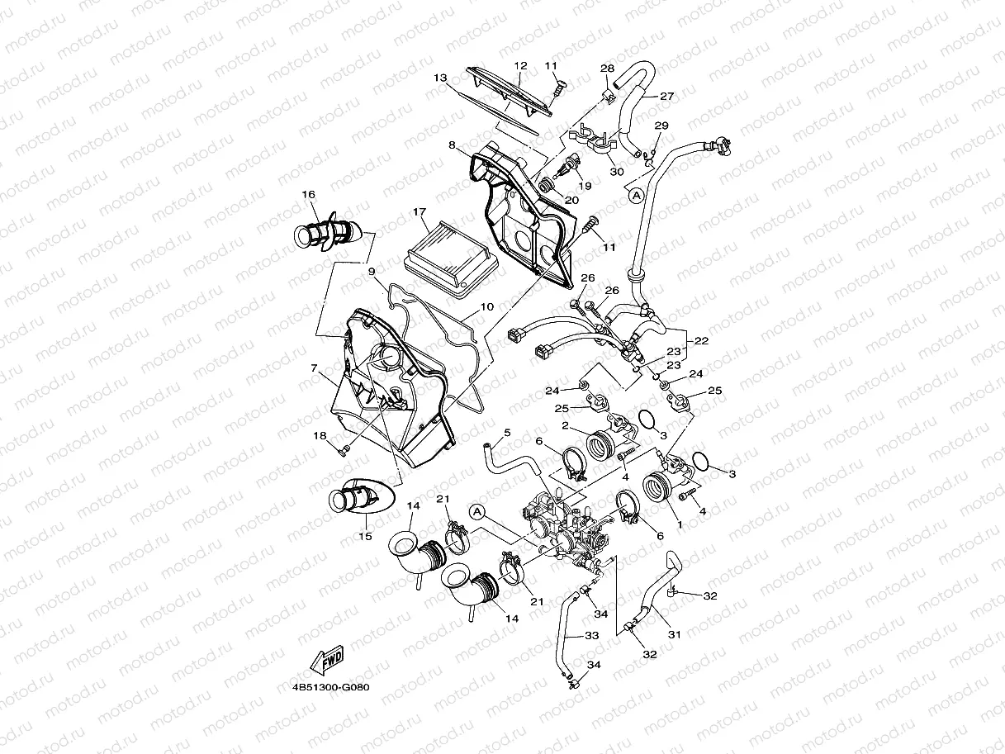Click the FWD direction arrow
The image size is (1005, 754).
(326, 661)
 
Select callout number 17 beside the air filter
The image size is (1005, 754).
(420, 212)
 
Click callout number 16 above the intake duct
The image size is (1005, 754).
(308, 195)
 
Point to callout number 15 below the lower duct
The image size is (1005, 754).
(365, 536)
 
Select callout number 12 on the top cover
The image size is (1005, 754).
(520, 65)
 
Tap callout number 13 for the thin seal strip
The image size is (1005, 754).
(440, 78)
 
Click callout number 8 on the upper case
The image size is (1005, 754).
(453, 145)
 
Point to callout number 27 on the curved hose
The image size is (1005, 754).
(666, 97)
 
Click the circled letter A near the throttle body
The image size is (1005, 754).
(476, 512)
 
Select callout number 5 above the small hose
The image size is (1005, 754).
(507, 432)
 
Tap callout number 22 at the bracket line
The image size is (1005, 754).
(701, 340)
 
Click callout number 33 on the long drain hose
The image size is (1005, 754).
(591, 636)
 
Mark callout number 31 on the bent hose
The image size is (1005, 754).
(675, 635)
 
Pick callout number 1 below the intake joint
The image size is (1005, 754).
(679, 524)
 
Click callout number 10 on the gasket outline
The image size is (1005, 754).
(486, 307)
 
